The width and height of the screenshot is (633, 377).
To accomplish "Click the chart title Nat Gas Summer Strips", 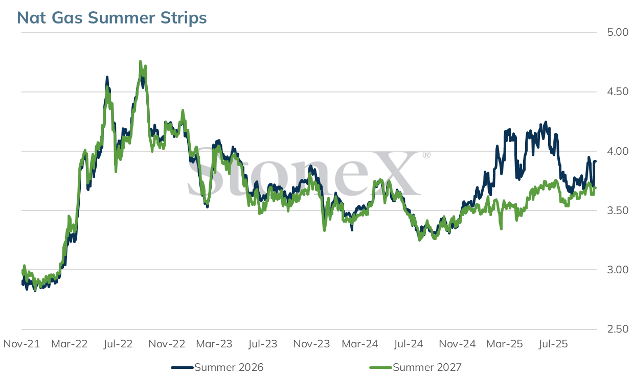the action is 112,18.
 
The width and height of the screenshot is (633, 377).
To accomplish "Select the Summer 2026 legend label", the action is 229,367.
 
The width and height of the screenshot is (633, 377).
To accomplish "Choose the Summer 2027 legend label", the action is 427,367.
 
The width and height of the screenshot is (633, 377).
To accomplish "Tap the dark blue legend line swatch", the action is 182,368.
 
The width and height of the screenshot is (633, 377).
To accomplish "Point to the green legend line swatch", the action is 380,368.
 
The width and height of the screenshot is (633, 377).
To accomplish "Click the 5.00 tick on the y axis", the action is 618,32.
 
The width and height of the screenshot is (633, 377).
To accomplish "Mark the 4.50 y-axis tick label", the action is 618,91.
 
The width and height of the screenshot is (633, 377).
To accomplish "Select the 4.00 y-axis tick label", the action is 618,151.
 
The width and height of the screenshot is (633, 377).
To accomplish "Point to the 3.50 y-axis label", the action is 618,210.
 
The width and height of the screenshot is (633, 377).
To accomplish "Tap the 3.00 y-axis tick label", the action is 618,270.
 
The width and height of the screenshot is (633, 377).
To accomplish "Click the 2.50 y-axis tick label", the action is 618,329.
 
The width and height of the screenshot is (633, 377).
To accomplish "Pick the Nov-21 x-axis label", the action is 21,344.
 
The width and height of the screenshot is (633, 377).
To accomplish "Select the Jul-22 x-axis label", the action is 118,344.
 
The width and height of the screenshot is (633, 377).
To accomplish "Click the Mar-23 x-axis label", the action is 214,344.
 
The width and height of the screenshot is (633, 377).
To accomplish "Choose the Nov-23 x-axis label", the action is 311,344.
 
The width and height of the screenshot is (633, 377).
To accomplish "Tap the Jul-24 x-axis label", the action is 409,344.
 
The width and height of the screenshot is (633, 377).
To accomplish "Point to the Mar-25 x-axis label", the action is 505,344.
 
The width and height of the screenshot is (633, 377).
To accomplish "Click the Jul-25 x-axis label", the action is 553,344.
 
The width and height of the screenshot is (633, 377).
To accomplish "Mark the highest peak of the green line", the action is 141,61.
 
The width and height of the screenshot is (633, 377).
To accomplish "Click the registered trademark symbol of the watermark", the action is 426,155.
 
